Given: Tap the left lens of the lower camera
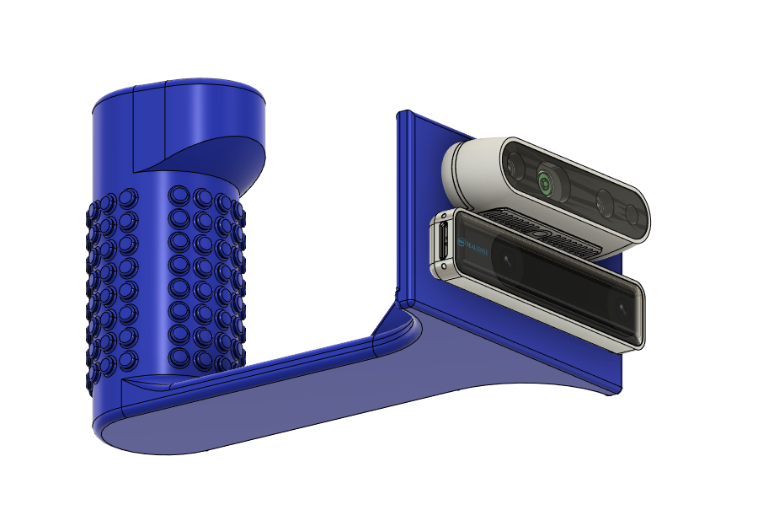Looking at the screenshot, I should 507,261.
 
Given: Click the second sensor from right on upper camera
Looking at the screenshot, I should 603,202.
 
